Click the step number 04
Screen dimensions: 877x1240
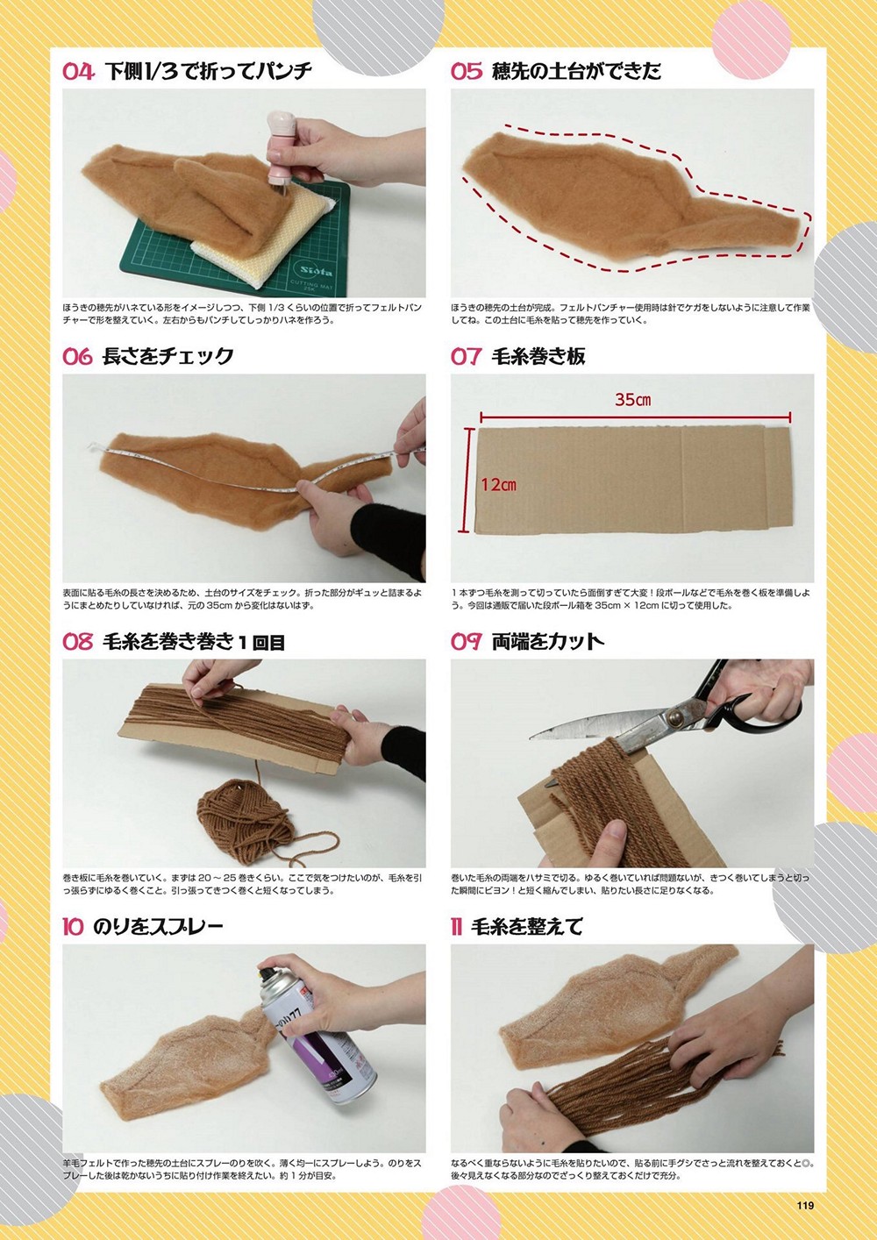click(x=78, y=71)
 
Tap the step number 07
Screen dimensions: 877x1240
click(x=467, y=357)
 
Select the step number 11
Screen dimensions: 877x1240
click(x=456, y=927)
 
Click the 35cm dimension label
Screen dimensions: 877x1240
click(x=632, y=400)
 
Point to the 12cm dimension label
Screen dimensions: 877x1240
click(x=498, y=485)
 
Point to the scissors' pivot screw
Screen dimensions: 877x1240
click(x=675, y=718)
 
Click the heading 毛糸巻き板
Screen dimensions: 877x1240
click(x=538, y=357)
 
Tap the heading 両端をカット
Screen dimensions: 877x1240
click(x=547, y=642)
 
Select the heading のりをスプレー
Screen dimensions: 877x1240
click(x=158, y=927)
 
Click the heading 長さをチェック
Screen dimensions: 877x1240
click(x=168, y=357)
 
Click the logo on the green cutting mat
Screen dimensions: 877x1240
click(x=317, y=272)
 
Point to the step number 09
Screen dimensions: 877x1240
click(x=467, y=642)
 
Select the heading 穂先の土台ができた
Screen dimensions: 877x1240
click(x=576, y=71)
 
